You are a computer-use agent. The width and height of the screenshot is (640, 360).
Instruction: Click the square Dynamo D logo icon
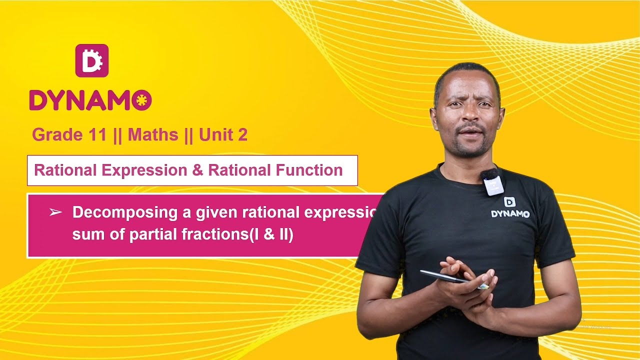[92, 60]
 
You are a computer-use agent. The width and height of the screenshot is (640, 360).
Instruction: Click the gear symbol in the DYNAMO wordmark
[143, 100]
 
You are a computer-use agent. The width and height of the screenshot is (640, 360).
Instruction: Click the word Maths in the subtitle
[153, 134]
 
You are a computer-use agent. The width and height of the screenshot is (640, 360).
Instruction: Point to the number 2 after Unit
[242, 134]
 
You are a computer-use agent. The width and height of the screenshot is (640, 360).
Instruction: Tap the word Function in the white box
[309, 170]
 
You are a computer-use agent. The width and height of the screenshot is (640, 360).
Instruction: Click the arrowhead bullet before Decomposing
[55, 212]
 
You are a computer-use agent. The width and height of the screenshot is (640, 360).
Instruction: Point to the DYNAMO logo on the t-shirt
[510, 207]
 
